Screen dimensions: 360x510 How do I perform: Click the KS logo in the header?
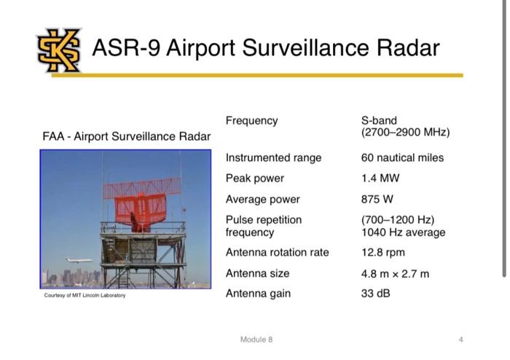(x=59, y=50)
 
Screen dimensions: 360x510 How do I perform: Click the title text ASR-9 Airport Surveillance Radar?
(x=265, y=48)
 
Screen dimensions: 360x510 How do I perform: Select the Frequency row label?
(x=251, y=120)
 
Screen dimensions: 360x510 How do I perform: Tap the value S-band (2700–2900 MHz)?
(x=405, y=127)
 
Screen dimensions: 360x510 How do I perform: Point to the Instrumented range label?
(x=273, y=157)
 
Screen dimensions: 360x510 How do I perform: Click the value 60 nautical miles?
(x=402, y=157)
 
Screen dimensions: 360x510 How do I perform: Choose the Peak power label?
(x=254, y=178)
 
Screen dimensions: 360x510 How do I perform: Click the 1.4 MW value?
(x=380, y=178)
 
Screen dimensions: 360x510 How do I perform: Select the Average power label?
(x=262, y=199)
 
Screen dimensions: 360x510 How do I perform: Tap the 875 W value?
(x=378, y=199)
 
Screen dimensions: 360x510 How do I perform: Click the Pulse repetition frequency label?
(x=263, y=226)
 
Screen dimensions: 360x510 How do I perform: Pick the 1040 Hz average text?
(x=403, y=232)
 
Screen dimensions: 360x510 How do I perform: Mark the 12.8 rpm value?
(x=382, y=252)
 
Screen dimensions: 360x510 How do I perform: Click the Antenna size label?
(x=257, y=273)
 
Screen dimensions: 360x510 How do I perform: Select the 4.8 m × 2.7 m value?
(x=395, y=273)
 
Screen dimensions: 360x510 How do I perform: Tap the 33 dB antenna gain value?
(x=377, y=294)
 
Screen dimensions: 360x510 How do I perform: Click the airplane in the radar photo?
(x=78, y=260)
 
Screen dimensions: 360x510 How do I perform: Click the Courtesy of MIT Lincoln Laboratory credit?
(x=85, y=295)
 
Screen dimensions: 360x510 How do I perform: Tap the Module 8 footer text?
(x=256, y=340)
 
